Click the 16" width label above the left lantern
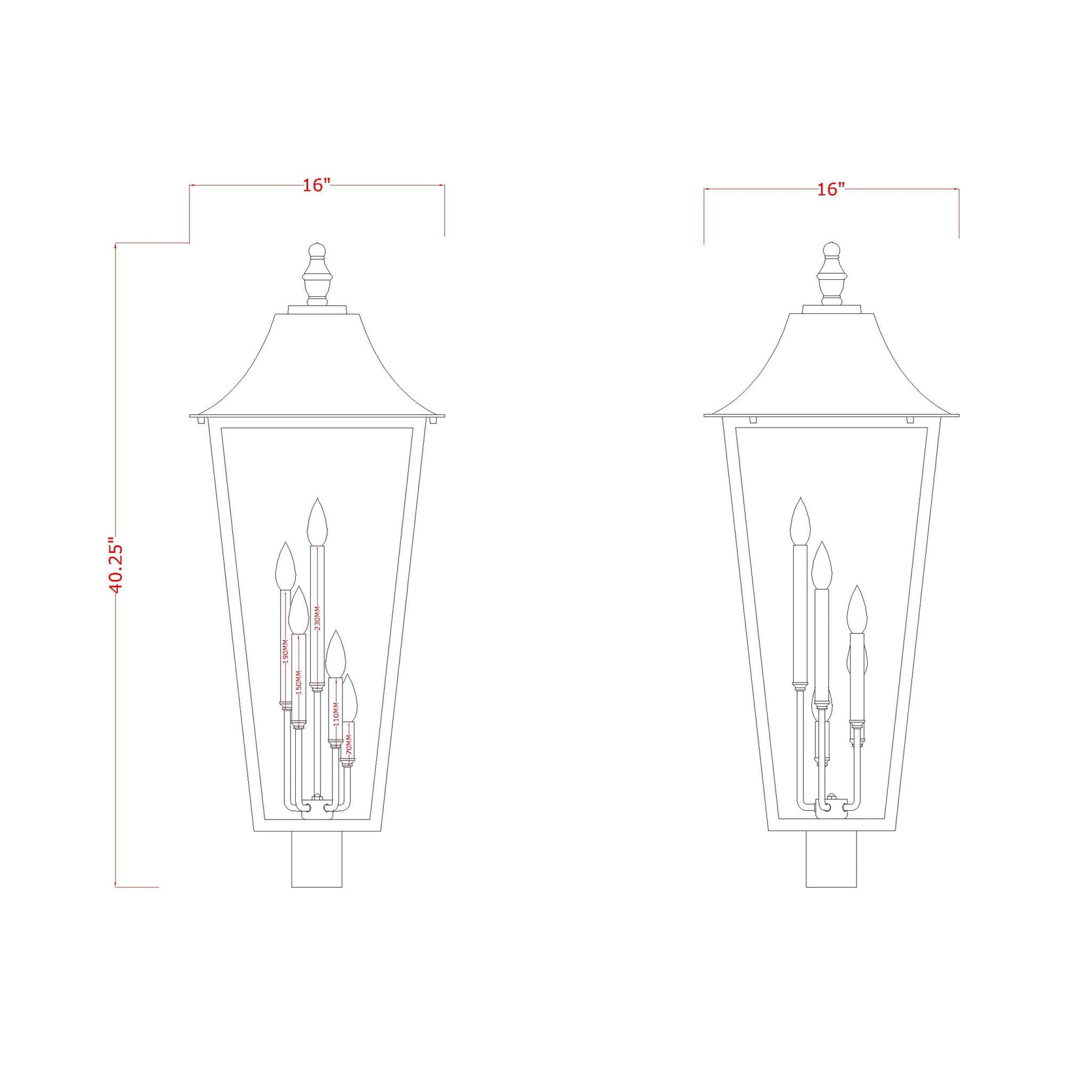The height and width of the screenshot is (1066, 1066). coord(316,185)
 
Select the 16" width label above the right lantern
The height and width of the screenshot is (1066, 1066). coord(831,189)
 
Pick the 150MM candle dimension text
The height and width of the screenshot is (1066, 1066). coord(299,683)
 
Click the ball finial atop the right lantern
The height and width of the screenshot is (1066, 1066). coord(831,250)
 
